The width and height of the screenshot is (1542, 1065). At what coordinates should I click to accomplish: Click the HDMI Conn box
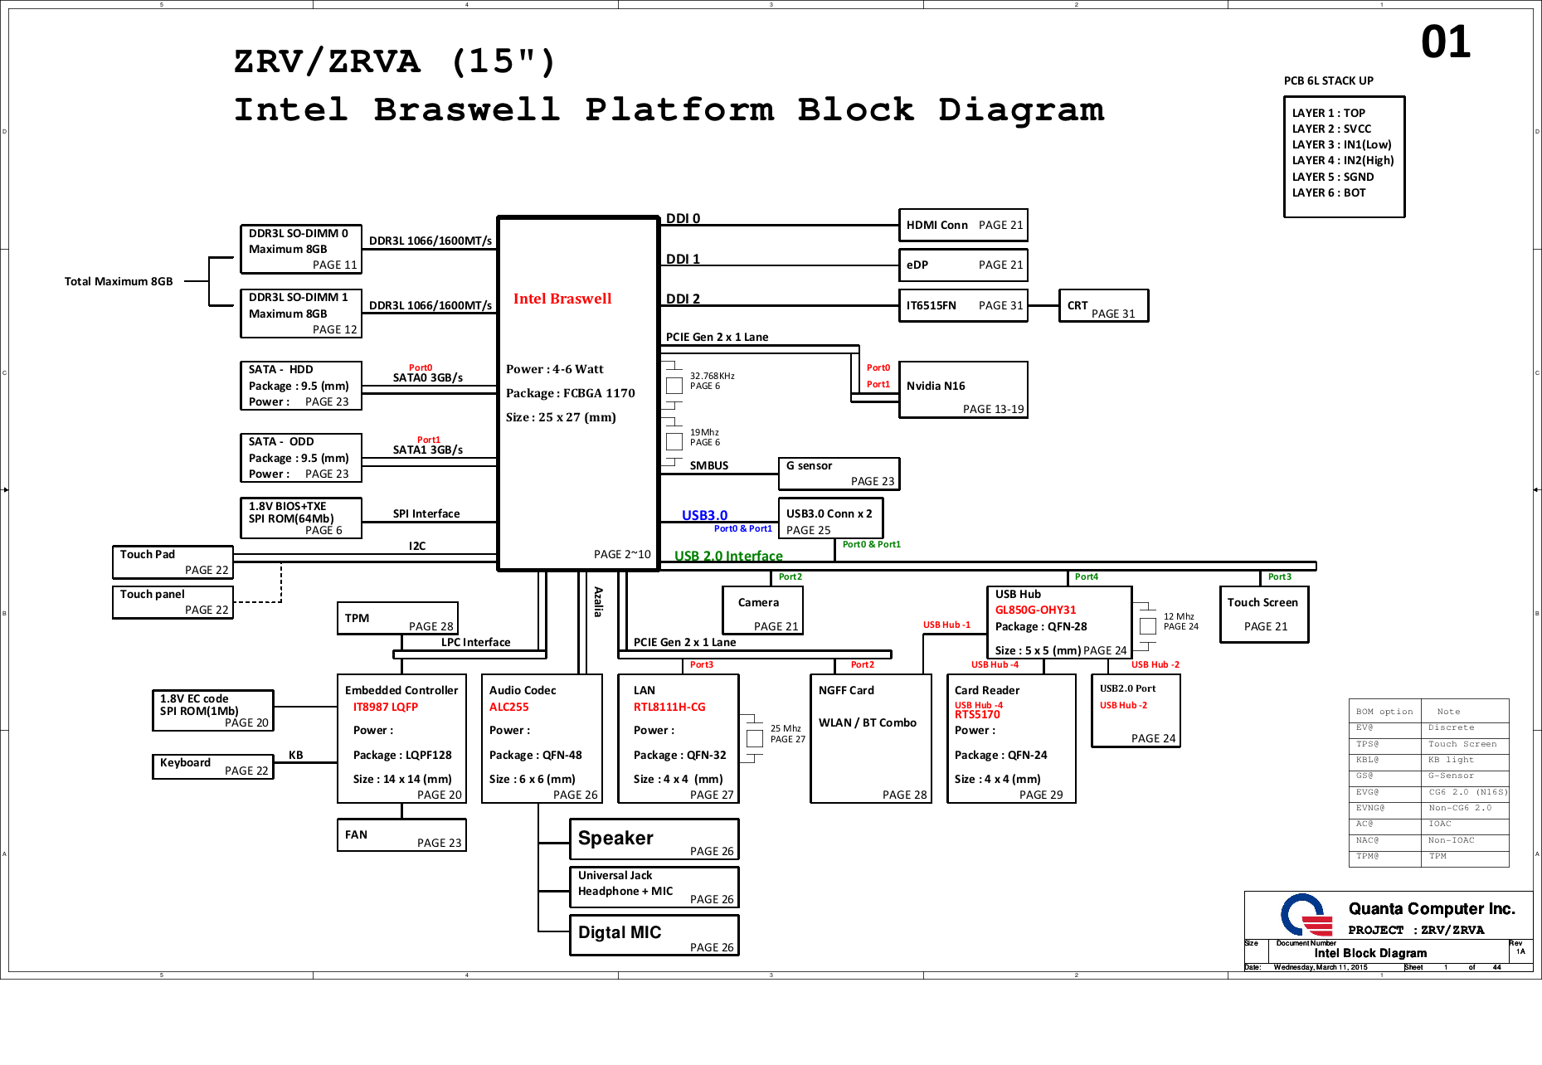pos(963,225)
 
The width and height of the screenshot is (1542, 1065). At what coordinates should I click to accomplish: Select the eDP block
pos(963,265)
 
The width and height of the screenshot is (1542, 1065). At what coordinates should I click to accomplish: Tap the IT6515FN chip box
pos(963,305)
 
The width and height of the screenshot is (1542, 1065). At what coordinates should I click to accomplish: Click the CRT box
pos(1103,306)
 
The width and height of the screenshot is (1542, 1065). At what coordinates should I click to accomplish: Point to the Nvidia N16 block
pos(963,390)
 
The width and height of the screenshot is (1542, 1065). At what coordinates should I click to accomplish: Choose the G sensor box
pos(839,474)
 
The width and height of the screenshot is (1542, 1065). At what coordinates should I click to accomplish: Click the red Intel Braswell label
pos(562,299)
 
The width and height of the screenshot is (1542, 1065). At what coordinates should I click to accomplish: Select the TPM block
pos(397,619)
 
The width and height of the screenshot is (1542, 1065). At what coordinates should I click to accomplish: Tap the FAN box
pos(401,835)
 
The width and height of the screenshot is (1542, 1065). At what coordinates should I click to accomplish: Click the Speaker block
pos(654,839)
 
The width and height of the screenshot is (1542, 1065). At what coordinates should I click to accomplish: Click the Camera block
pos(762,611)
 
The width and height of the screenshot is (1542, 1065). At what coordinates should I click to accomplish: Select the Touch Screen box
pos(1264,615)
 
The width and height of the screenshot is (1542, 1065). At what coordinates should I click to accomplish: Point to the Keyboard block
pos(213,766)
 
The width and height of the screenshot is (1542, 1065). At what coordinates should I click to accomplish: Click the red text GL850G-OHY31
pos(1035,610)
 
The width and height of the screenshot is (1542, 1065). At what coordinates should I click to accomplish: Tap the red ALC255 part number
pos(508,707)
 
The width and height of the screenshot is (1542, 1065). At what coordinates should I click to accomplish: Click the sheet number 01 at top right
pos(1446,42)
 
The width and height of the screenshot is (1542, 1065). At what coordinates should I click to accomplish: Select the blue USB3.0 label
pos(704,515)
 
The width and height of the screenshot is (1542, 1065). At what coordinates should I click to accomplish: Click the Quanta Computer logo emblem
pos(1305,916)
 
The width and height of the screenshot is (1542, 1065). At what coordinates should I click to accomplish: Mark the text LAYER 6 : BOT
pos(1329,192)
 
